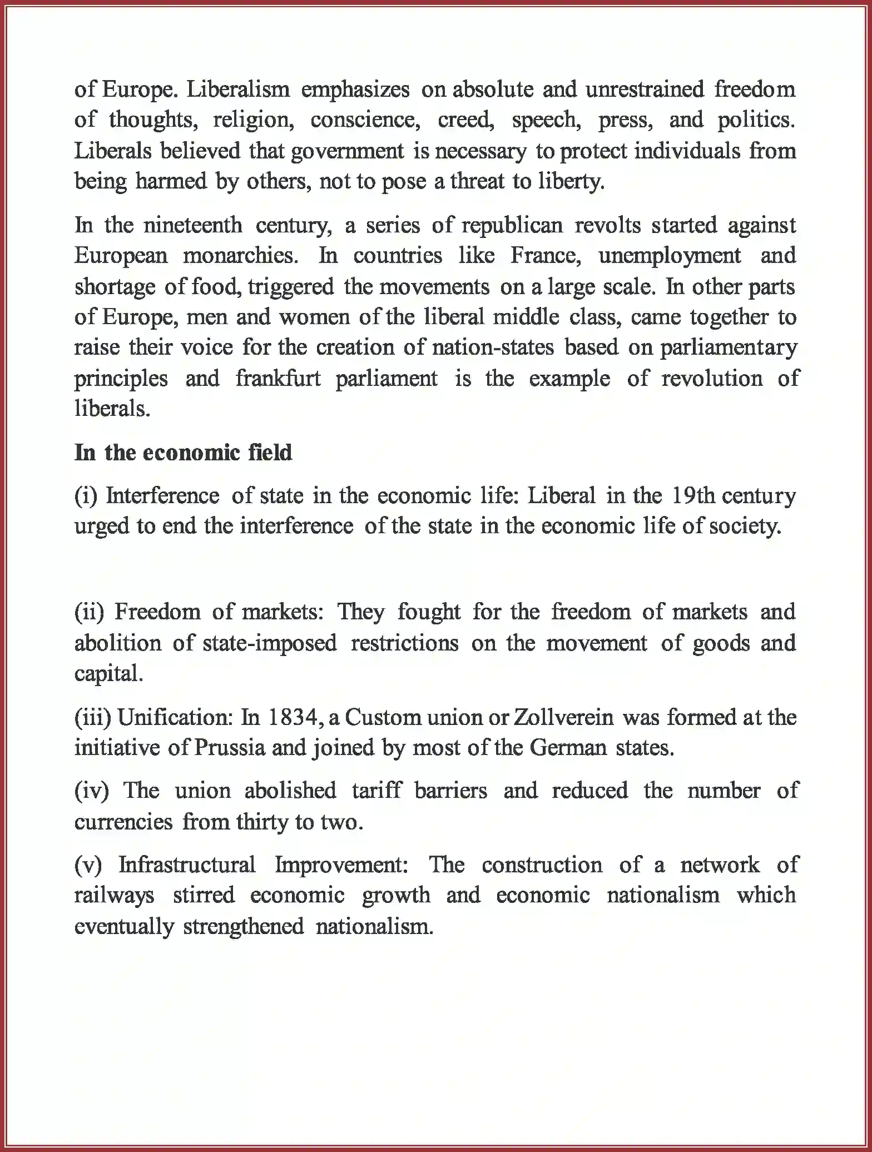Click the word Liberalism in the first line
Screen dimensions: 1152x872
(x=237, y=90)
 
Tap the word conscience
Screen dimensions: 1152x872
(x=365, y=120)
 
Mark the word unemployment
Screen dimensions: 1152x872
(x=669, y=256)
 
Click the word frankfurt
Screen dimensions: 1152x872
(x=278, y=379)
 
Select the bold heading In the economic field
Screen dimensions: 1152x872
(x=183, y=453)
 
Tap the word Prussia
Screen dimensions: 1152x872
(x=230, y=747)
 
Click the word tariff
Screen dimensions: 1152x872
(x=376, y=791)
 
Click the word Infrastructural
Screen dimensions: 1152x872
(x=187, y=865)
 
